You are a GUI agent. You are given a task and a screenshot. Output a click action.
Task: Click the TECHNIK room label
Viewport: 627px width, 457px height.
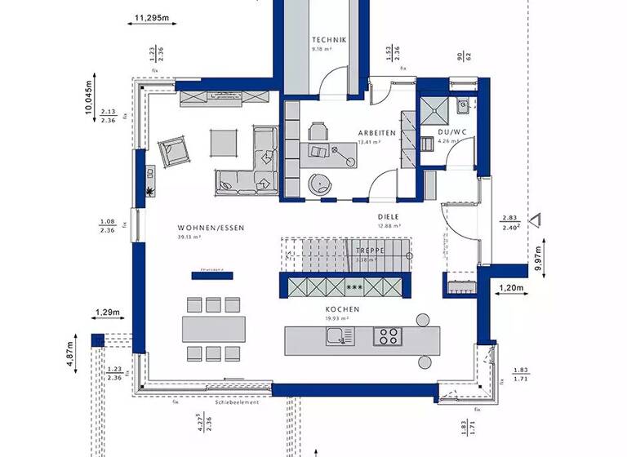[x=329, y=40]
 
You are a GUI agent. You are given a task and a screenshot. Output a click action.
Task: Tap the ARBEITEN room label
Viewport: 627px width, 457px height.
[x=376, y=132]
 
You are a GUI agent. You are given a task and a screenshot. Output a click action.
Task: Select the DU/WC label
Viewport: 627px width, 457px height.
[x=451, y=131]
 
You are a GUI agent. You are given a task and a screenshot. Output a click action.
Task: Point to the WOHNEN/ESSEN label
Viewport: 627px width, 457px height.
[x=211, y=228]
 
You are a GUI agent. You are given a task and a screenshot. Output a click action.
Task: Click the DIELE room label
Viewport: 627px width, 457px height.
[x=388, y=216]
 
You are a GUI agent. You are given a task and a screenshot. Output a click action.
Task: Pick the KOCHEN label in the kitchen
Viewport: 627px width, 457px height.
[x=343, y=310]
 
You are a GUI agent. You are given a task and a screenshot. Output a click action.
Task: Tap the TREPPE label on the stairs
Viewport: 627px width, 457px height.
[x=370, y=251]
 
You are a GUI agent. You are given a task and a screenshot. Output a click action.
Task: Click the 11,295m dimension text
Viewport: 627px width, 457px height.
[x=150, y=16]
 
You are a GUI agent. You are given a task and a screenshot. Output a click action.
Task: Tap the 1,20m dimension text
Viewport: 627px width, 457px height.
[x=511, y=288]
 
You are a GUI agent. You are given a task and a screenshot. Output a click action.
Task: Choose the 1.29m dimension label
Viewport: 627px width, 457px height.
[x=107, y=313]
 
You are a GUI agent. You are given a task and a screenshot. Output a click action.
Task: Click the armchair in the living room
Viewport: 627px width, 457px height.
[x=173, y=150]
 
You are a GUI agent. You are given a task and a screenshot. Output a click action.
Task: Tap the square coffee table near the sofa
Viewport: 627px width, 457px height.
[x=223, y=142]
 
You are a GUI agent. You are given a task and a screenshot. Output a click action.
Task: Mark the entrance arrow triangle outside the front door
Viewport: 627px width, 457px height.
[x=536, y=219]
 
